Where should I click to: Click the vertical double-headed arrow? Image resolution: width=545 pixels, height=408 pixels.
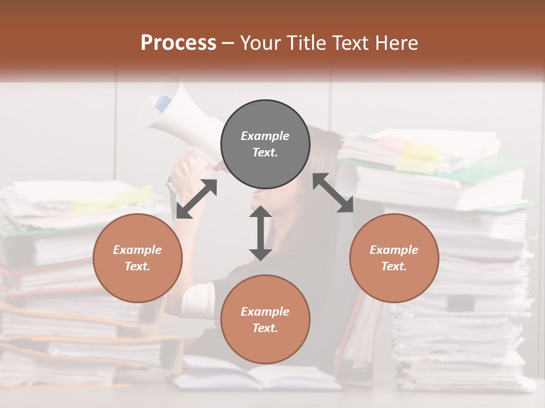261,233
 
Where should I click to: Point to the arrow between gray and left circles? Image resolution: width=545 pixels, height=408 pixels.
196,199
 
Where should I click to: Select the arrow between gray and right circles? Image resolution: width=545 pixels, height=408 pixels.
333,193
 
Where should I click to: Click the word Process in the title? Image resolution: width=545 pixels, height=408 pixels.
178,43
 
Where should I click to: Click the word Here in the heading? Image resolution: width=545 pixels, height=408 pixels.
397,43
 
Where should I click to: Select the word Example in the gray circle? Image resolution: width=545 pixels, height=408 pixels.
265,136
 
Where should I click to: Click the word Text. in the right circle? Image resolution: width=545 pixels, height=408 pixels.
394,266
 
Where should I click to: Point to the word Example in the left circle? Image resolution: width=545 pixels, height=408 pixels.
137,250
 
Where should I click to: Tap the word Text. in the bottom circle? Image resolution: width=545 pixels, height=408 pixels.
265,328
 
